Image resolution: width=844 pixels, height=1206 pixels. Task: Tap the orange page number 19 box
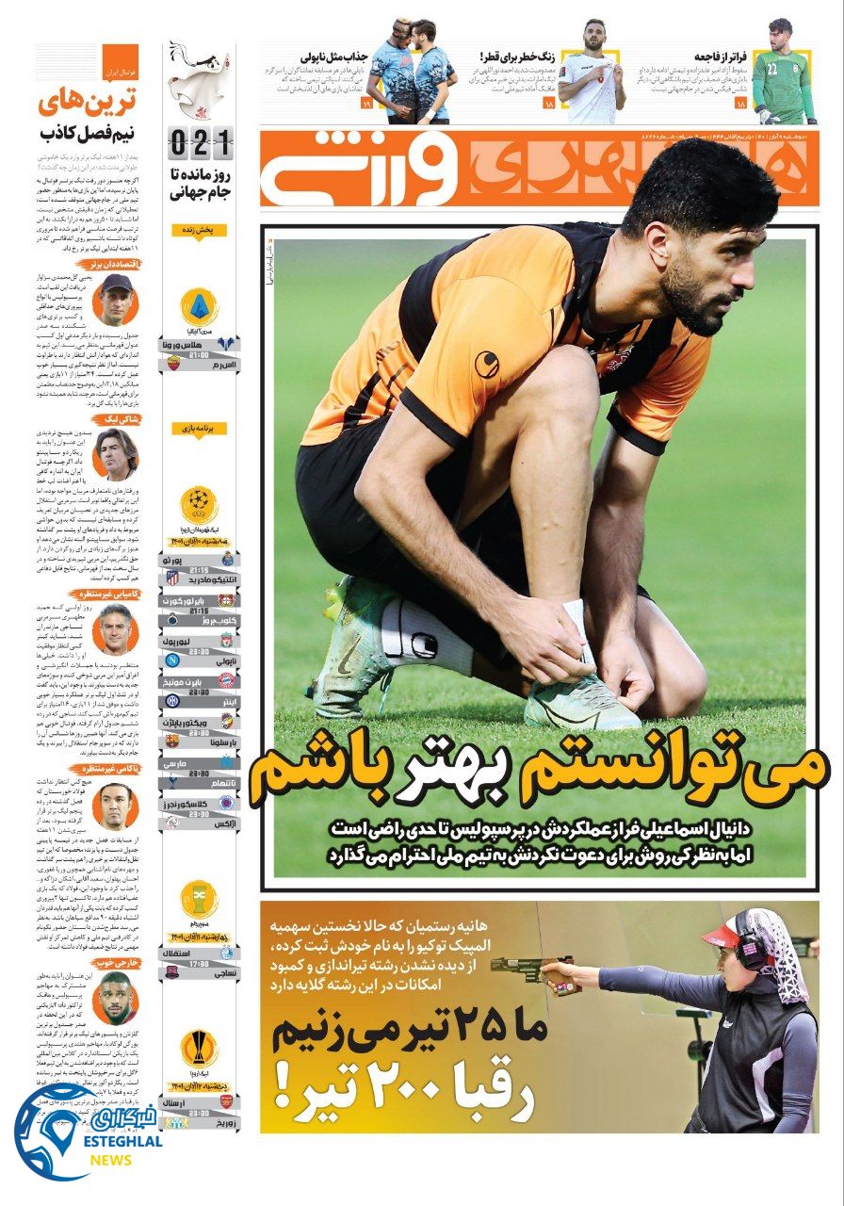pos(366,103)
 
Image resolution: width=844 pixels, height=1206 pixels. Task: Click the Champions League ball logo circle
pos(198,499)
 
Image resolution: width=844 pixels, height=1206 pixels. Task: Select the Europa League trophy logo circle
pos(198,1048)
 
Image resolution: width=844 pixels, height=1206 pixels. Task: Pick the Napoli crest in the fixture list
pos(172,660)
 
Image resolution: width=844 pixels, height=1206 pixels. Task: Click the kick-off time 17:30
pos(199,964)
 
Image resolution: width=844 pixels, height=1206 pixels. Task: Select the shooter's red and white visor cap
pos(725,936)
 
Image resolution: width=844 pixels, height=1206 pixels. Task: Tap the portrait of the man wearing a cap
pos(117,299)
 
